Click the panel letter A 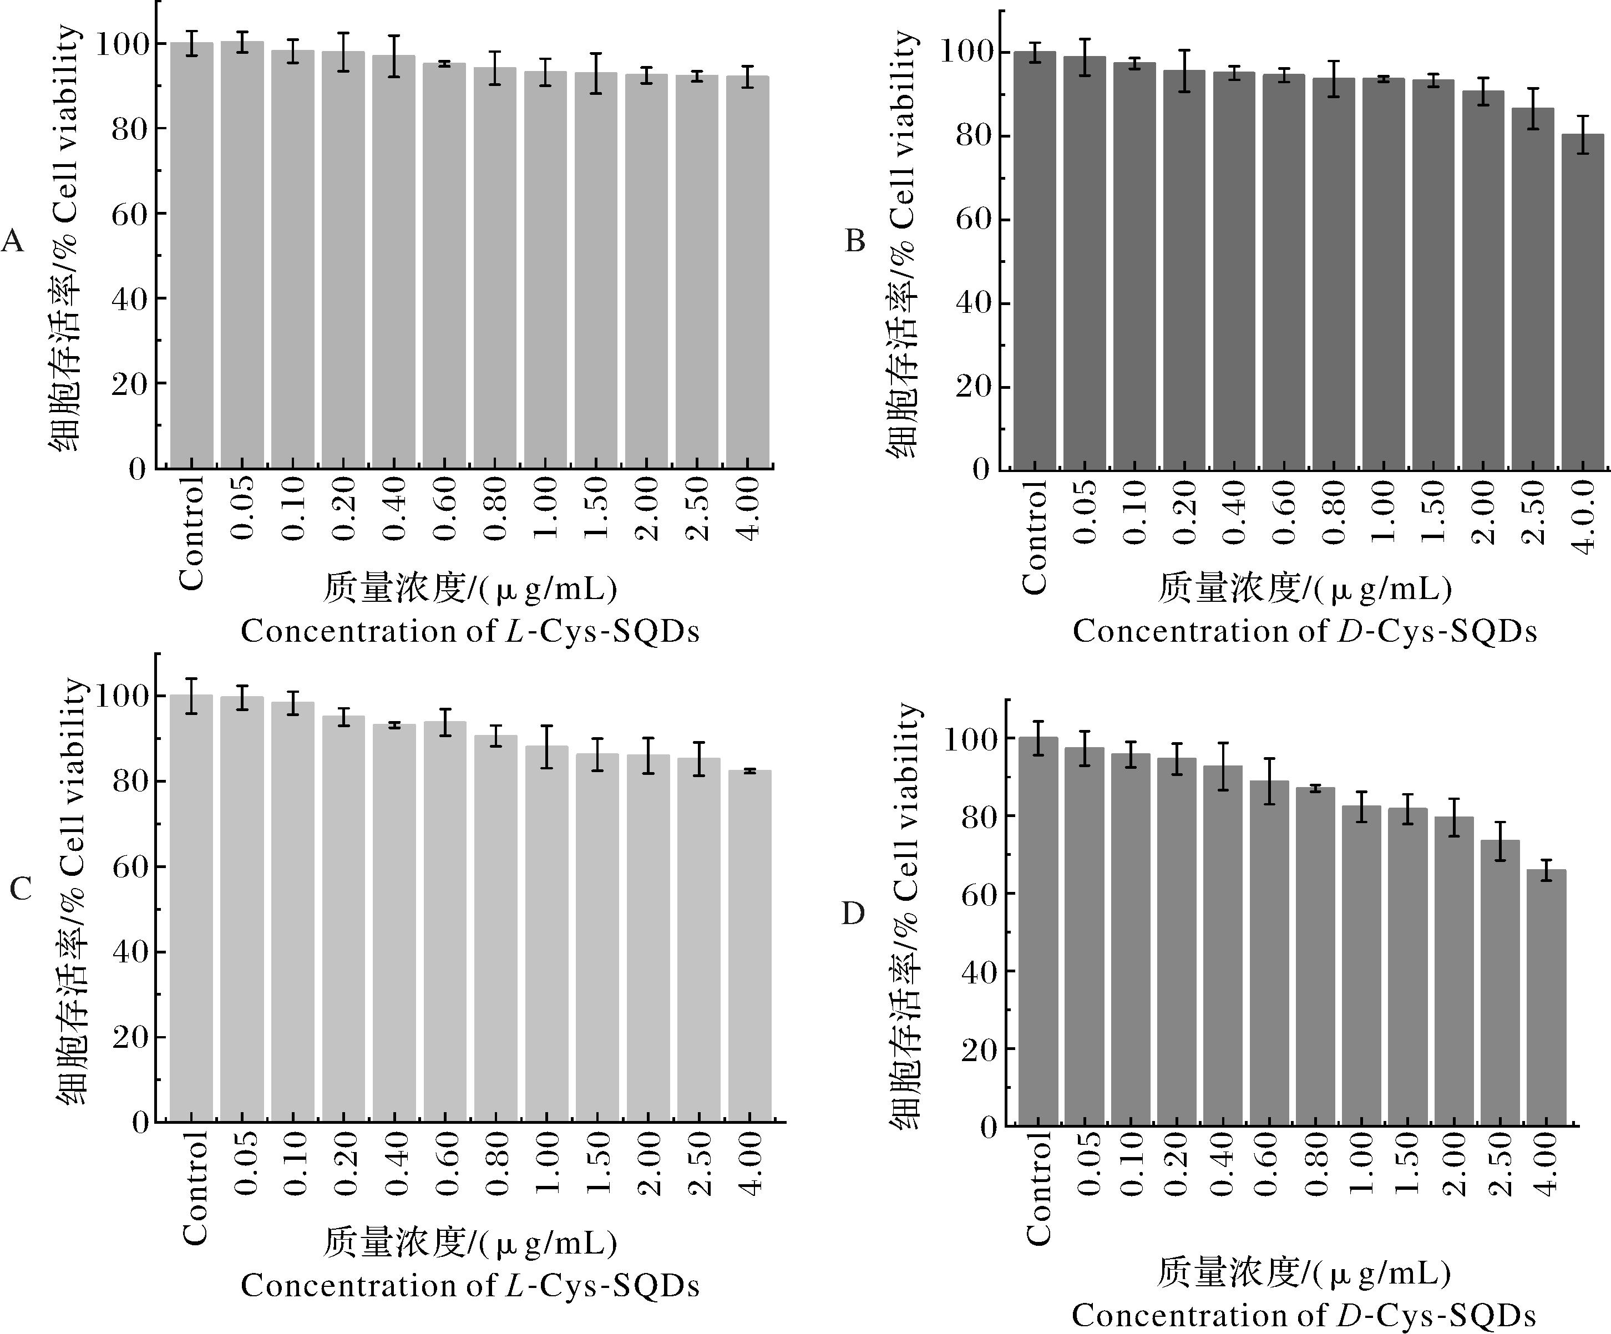pyautogui.click(x=13, y=242)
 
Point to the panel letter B pyautogui.click(x=855, y=241)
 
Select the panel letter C pyautogui.click(x=21, y=888)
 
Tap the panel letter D pyautogui.click(x=853, y=914)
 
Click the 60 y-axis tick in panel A pyautogui.click(x=129, y=214)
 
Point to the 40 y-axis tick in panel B pyautogui.click(x=972, y=303)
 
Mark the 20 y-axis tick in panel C pyautogui.click(x=129, y=1038)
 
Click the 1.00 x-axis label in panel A pyautogui.click(x=545, y=508)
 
